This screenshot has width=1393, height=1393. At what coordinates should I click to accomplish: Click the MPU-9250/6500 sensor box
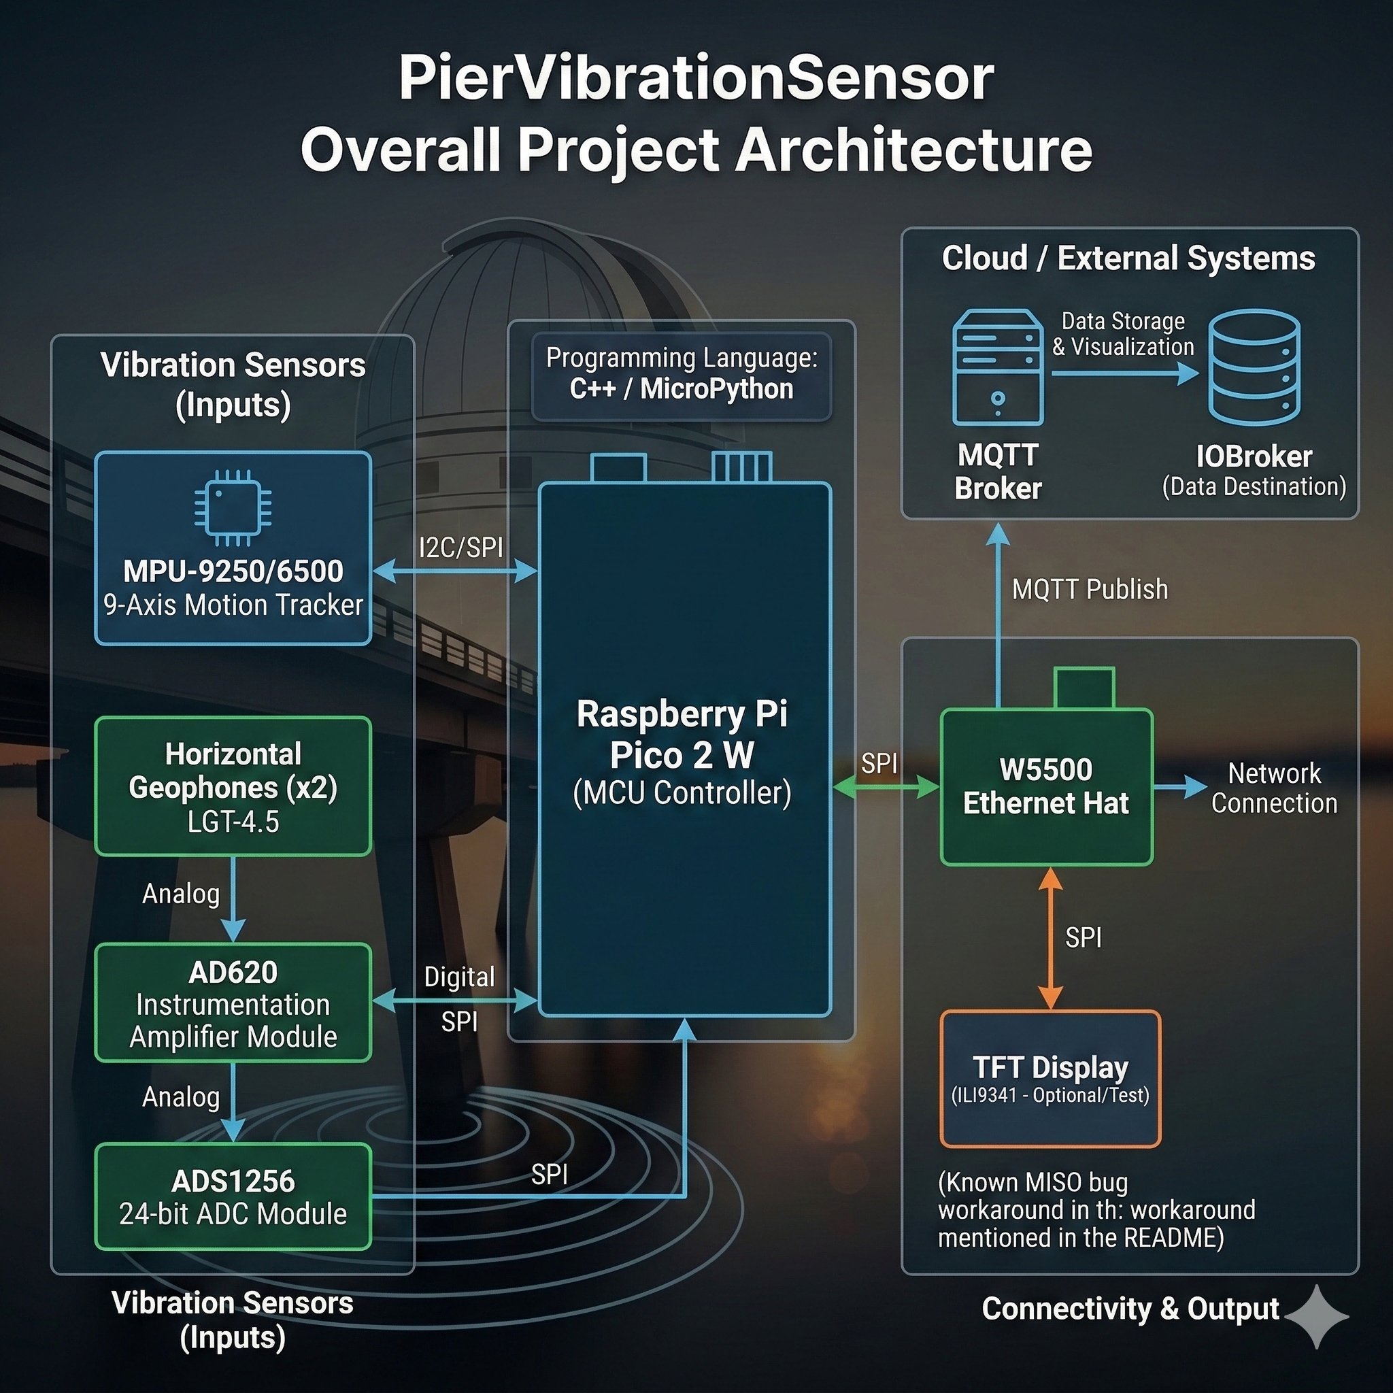233,548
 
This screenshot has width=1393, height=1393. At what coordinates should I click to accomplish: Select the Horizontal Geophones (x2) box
233,786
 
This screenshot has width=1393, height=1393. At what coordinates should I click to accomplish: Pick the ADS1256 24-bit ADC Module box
233,1197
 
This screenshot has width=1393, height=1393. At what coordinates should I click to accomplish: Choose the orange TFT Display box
1050,1079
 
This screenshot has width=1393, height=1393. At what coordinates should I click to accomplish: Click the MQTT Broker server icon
998,367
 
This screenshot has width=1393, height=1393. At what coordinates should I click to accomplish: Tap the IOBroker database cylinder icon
1254,367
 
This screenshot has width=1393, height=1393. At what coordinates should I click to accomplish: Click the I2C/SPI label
460,548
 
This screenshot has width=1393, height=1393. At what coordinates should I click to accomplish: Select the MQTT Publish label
1090,590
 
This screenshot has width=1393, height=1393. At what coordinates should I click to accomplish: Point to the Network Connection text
1274,788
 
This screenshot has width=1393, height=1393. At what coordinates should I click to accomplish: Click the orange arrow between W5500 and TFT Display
1050,937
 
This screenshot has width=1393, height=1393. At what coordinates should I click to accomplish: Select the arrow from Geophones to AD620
233,899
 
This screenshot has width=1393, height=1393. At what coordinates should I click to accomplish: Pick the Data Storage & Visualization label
1122,334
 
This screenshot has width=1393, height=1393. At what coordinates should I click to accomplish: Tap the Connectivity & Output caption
1130,1309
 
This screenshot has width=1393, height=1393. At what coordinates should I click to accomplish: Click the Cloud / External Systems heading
1128,258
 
